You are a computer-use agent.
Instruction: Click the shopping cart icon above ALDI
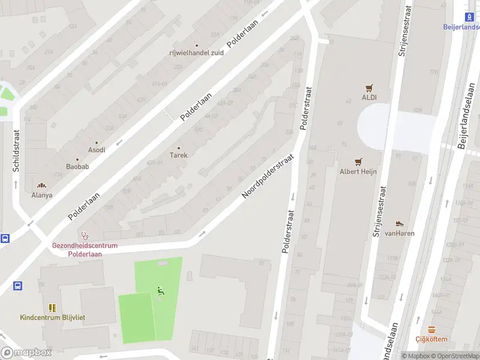[368, 88]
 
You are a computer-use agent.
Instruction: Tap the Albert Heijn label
[359, 172]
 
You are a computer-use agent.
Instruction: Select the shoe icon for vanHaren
[400, 224]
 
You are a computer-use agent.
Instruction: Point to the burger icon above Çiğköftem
[431, 329]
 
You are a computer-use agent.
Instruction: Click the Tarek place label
[178, 155]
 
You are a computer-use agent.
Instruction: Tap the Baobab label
[77, 166]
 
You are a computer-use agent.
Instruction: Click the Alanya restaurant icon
[42, 185]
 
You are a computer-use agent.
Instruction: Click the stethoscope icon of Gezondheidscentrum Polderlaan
[85, 236]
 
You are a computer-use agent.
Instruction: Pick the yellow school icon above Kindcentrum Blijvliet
[52, 307]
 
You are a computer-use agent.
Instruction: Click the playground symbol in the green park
[160, 291]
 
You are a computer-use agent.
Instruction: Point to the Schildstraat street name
[17, 151]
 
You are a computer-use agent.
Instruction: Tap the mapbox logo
[26, 353]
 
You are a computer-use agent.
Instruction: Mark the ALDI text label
[368, 97]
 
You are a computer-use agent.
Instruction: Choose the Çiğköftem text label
[431, 339]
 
